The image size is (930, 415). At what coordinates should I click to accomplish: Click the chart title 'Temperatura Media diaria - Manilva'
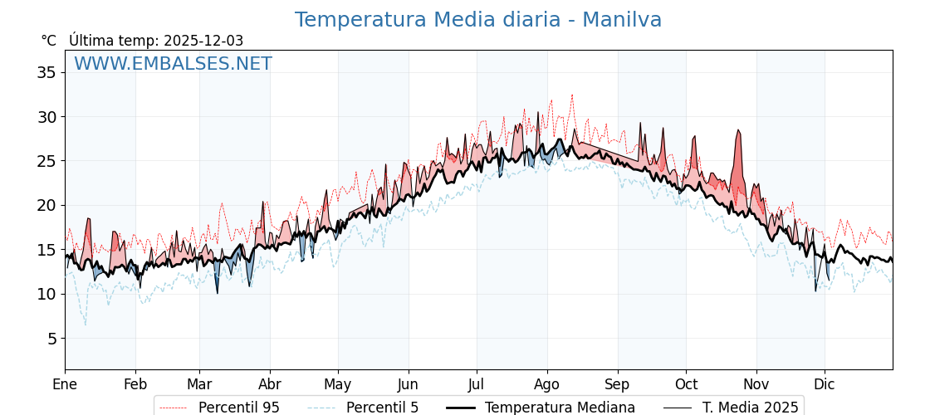478,20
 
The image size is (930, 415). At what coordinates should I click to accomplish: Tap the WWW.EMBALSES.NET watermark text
173,64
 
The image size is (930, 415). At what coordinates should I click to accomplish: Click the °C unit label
49,41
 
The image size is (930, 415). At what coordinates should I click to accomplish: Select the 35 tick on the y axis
46,72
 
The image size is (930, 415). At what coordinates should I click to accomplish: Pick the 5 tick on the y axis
51,338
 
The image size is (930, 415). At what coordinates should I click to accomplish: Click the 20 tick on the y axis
46,205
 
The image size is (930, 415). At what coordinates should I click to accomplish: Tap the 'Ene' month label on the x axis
65,384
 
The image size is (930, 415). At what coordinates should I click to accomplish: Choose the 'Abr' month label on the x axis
270,384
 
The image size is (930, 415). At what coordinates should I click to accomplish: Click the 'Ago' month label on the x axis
547,384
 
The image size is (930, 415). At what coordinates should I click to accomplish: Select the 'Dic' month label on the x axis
825,384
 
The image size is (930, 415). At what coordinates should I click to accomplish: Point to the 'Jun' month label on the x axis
408,384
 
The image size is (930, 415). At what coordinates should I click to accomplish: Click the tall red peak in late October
737,131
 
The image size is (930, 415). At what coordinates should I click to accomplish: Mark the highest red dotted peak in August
571,95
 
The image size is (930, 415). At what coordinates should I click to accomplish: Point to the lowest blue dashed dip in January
85,325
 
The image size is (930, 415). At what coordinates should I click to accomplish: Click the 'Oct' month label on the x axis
686,384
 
